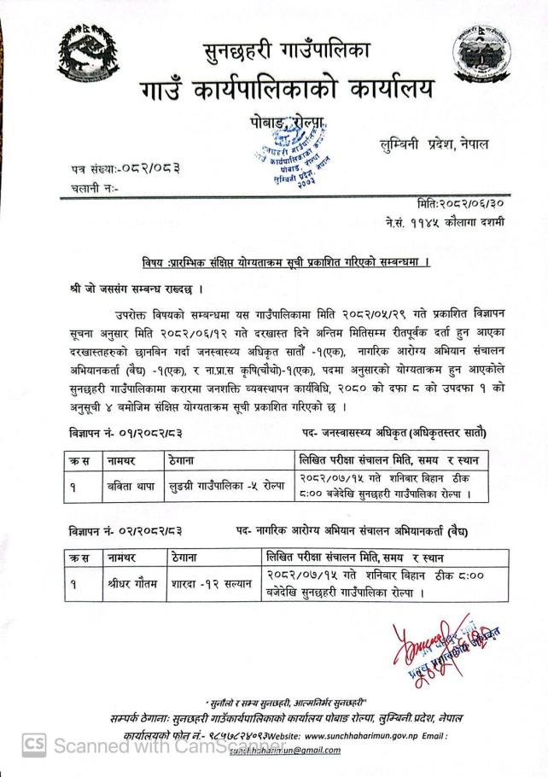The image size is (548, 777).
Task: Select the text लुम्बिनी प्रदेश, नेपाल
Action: coord(434,145)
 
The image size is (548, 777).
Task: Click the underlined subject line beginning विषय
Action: coord(285,262)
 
